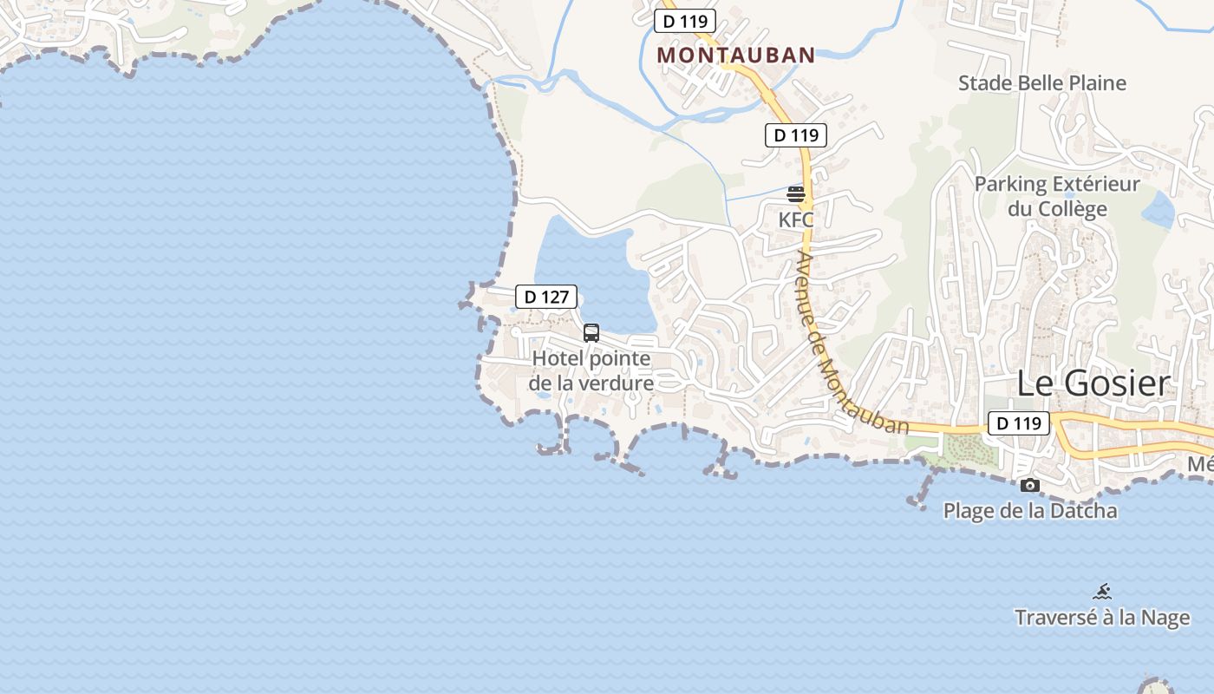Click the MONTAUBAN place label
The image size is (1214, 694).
[736, 56]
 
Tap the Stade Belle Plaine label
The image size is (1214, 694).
[1042, 83]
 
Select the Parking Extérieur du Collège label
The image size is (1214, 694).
[1057, 197]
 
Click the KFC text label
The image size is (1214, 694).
[796, 219]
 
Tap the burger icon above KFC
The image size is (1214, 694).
[796, 194]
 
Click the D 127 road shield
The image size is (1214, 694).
[546, 297]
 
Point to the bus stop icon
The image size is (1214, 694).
[591, 333]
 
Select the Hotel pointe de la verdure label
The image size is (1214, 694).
[591, 370]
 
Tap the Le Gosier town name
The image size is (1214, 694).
[1093, 383]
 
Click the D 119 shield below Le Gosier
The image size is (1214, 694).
[1018, 423]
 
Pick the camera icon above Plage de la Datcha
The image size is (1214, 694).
[1029, 485]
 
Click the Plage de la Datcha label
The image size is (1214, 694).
[1030, 510]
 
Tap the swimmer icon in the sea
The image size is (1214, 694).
[1102, 593]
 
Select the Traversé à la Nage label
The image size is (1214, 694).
[1102, 618]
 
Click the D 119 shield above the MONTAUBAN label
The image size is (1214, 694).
[685, 21]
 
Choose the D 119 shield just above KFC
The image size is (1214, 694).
[796, 135]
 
